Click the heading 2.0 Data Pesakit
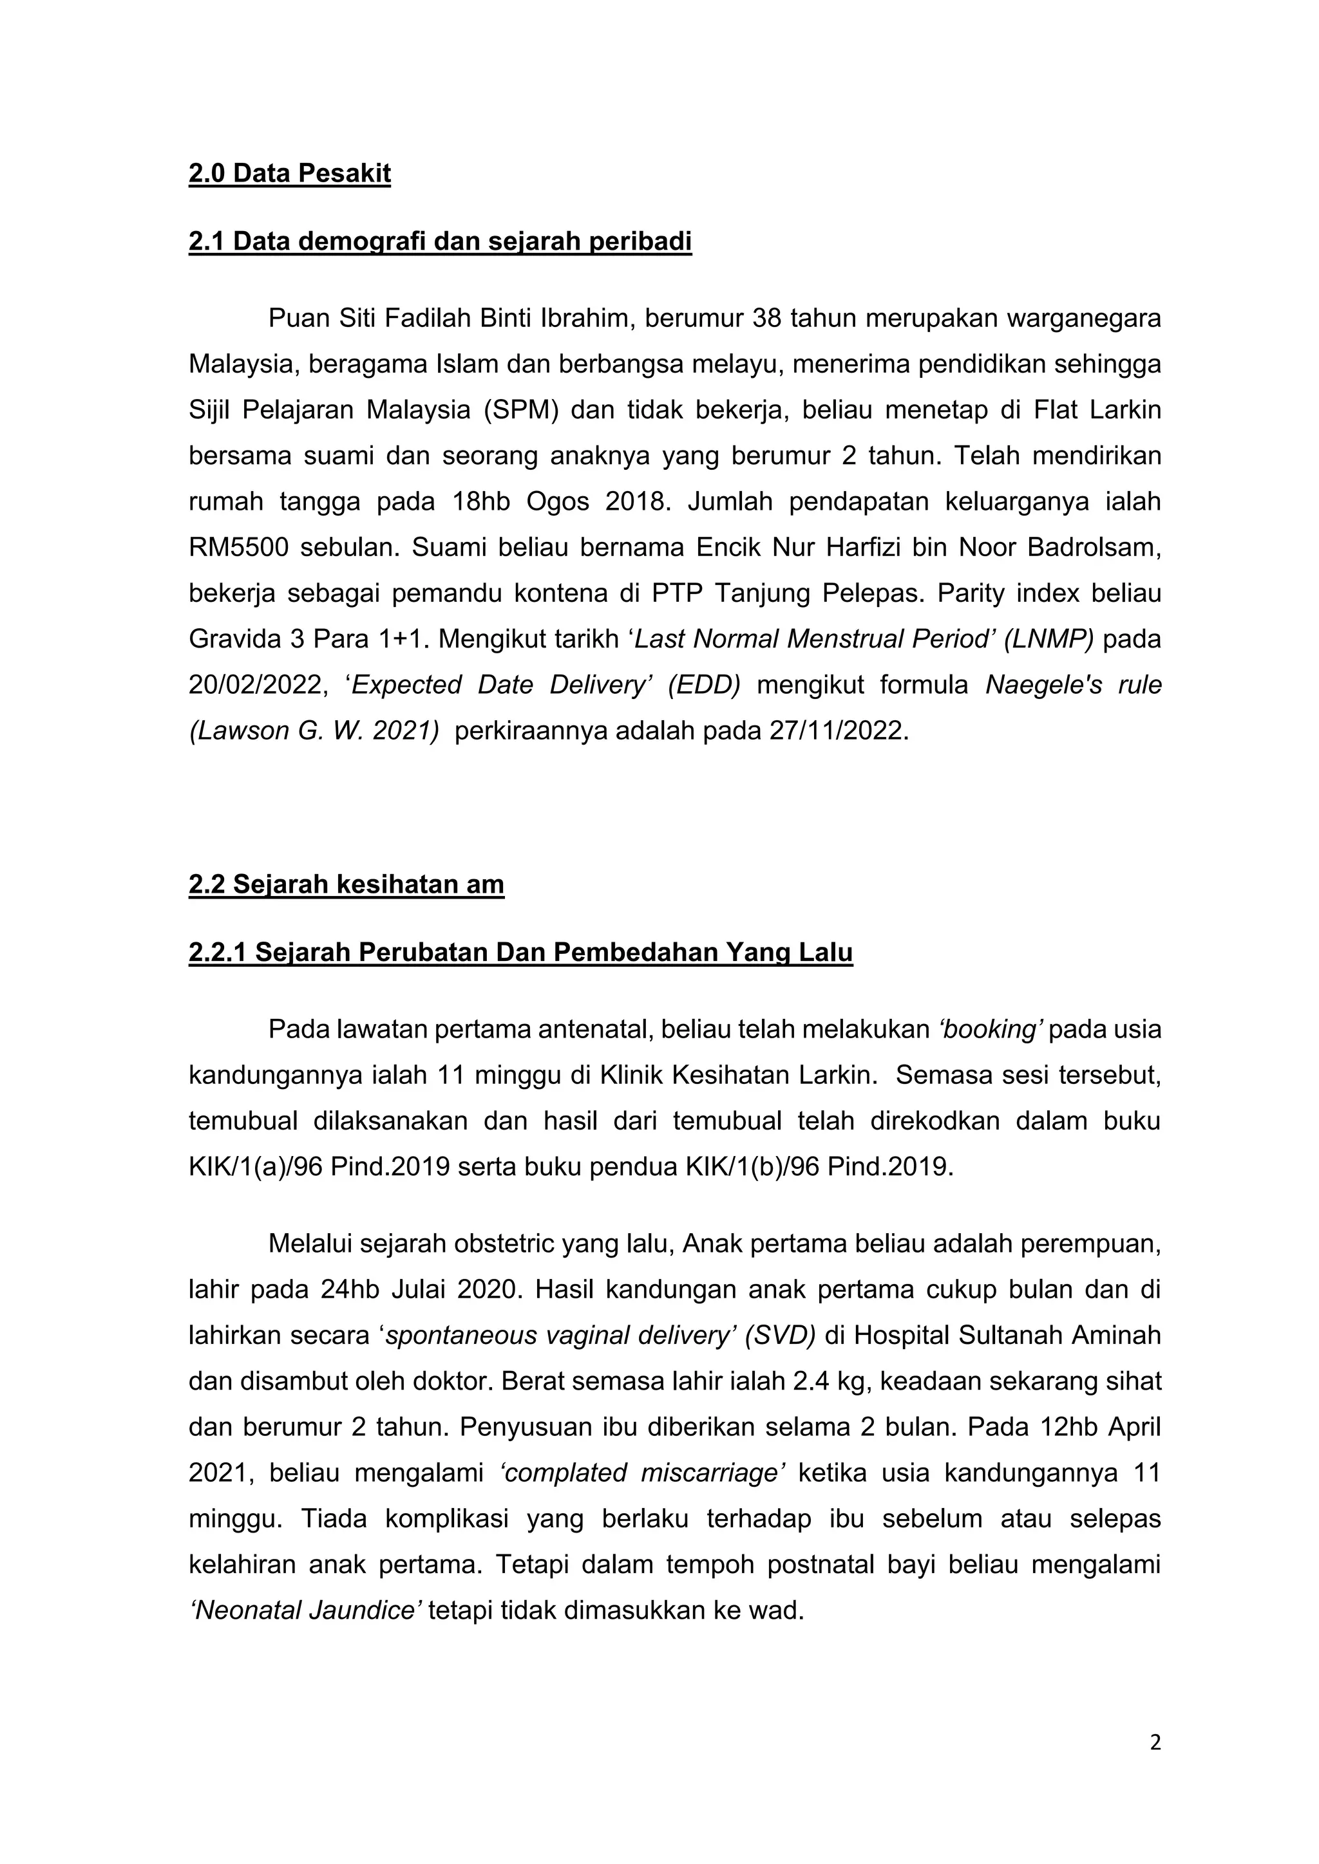click(289, 174)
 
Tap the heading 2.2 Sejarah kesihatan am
click(346, 884)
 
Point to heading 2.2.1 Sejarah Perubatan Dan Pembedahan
click(520, 953)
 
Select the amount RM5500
click(238, 548)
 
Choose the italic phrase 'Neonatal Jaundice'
click(305, 1610)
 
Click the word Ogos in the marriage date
click(557, 503)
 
